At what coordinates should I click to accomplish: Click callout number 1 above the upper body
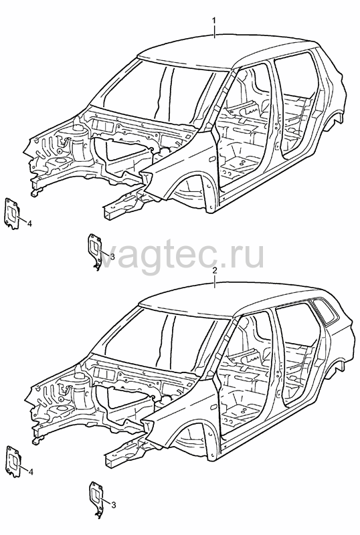coord(214,21)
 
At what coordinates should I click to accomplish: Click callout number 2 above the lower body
coord(214,271)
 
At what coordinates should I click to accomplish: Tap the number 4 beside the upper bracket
coord(29,223)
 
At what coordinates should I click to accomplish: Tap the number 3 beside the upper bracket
coord(112,255)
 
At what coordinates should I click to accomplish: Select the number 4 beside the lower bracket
coord(30,472)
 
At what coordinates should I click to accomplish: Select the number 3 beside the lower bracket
coord(113,505)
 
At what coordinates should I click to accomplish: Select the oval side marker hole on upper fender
coord(211,159)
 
